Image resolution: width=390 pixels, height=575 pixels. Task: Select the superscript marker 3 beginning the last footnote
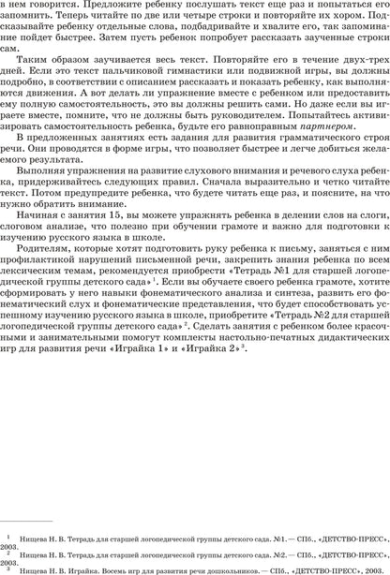[x=7, y=567]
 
